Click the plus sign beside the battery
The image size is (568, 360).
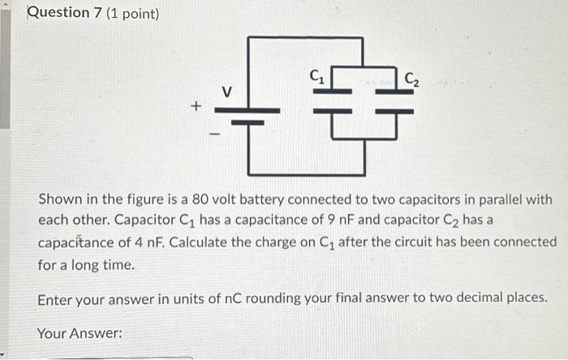[196, 106]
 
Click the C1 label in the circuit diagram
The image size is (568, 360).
[318, 79]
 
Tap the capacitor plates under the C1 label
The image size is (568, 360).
[333, 101]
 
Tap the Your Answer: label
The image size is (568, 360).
[80, 332]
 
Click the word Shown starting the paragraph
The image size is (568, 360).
[59, 199]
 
